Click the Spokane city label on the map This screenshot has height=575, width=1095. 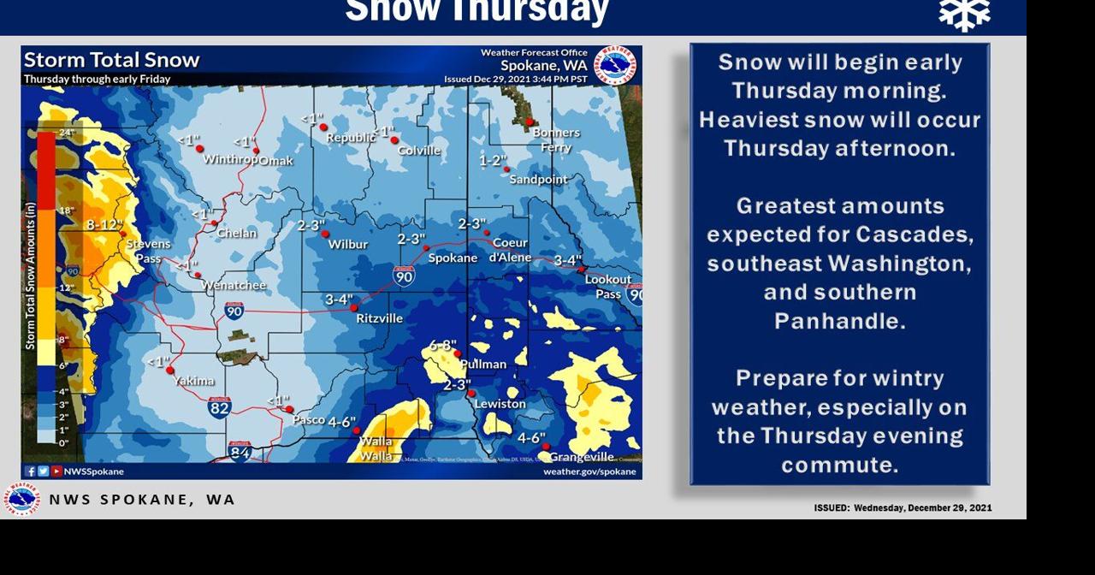coord(453,258)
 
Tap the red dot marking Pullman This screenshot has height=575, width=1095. coord(458,353)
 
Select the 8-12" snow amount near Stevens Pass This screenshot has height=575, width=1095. coord(104,224)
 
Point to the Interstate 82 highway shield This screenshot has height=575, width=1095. coord(219,407)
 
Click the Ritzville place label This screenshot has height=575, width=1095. coord(379,318)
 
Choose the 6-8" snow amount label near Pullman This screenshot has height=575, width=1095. coord(441,345)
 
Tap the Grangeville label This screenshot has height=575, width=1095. coord(581,457)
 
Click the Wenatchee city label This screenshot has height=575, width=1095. coord(234,285)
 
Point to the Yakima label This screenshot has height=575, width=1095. coord(194,381)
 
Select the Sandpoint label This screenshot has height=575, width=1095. coord(538,180)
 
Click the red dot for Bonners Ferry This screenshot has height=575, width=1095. coord(530,122)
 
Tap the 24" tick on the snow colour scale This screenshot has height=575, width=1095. coord(67,133)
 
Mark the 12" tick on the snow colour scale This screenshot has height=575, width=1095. coord(67,287)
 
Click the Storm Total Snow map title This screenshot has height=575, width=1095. coord(111,60)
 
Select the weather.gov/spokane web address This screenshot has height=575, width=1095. coord(589,471)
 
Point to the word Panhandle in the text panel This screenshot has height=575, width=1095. coord(839,321)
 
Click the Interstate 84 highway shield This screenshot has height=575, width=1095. coord(240,451)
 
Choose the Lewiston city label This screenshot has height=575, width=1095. coord(500,404)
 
